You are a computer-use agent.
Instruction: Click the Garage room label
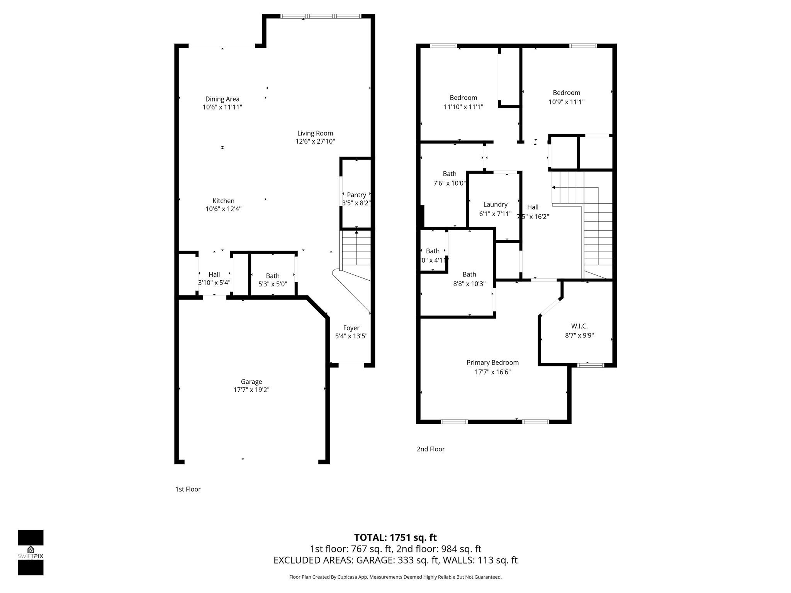(251, 381)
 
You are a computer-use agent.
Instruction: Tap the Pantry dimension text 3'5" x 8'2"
(356, 203)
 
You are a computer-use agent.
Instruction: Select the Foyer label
(351, 328)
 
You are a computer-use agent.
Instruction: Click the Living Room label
(315, 133)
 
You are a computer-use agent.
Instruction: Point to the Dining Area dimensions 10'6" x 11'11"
(222, 107)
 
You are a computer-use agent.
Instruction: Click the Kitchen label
(223, 201)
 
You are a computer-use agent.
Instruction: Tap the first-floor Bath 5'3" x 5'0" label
(273, 276)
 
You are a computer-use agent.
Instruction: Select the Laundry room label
(495, 205)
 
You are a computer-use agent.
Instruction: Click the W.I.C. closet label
(579, 326)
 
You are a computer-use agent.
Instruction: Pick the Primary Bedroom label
(492, 363)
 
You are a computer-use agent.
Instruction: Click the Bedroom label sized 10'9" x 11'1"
(566, 93)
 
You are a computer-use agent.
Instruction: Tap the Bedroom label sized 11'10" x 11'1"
(463, 98)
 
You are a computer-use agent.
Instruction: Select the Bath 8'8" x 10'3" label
(469, 274)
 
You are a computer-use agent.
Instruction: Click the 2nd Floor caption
(430, 449)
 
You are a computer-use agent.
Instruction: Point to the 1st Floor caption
(188, 489)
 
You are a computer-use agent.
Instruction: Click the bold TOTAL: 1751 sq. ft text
(395, 537)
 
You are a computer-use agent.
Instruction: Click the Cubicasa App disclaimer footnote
(395, 577)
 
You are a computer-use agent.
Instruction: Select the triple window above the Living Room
(321, 16)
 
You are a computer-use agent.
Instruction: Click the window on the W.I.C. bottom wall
(590, 365)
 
